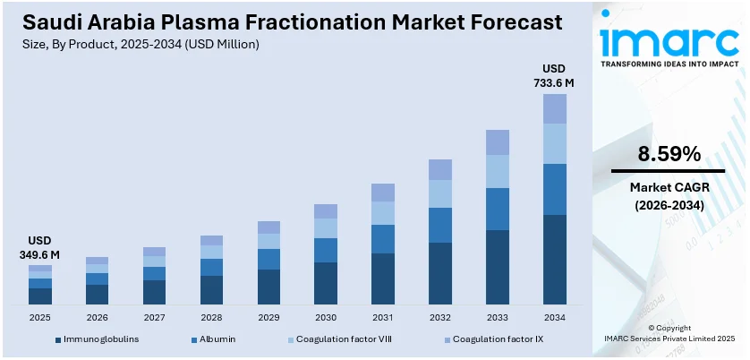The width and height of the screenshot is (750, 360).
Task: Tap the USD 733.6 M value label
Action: (555, 76)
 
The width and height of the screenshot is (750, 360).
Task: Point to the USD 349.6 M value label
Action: (40, 248)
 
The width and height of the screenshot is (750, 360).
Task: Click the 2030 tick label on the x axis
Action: (326, 317)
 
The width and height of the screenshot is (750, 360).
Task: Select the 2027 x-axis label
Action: (154, 317)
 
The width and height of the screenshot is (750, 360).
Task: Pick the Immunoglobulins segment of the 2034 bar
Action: (555, 260)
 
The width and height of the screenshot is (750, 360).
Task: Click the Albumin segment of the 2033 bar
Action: (498, 209)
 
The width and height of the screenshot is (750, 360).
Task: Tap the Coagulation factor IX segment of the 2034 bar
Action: (555, 108)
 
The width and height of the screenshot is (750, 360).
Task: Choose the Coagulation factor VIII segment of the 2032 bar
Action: (440, 193)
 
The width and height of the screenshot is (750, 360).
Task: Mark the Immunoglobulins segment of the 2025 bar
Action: (40, 296)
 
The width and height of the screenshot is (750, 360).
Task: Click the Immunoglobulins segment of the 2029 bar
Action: (268, 287)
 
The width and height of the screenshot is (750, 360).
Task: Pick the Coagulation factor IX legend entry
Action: (493, 339)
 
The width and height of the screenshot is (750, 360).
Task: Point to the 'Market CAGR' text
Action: (668, 188)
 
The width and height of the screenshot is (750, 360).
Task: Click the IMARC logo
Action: (668, 40)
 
